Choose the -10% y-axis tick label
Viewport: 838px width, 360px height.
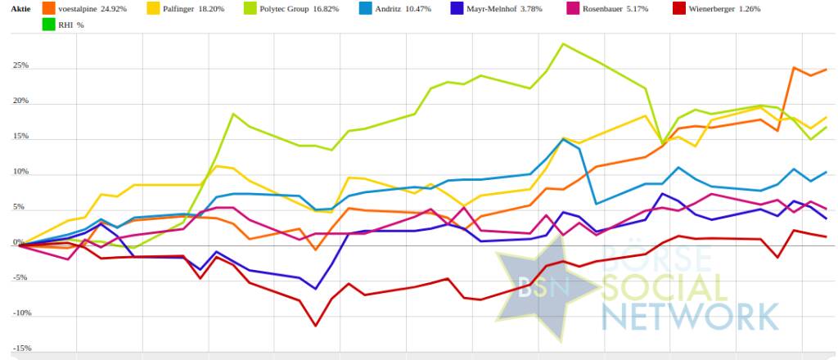[x=20, y=313]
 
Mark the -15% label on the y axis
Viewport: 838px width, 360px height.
[x=20, y=349]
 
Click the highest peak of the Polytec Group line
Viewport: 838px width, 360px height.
[x=563, y=44]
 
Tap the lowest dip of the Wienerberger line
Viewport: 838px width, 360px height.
[x=316, y=326]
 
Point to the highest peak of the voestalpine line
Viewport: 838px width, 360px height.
[x=794, y=68]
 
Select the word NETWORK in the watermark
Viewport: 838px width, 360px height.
[x=690, y=315]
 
